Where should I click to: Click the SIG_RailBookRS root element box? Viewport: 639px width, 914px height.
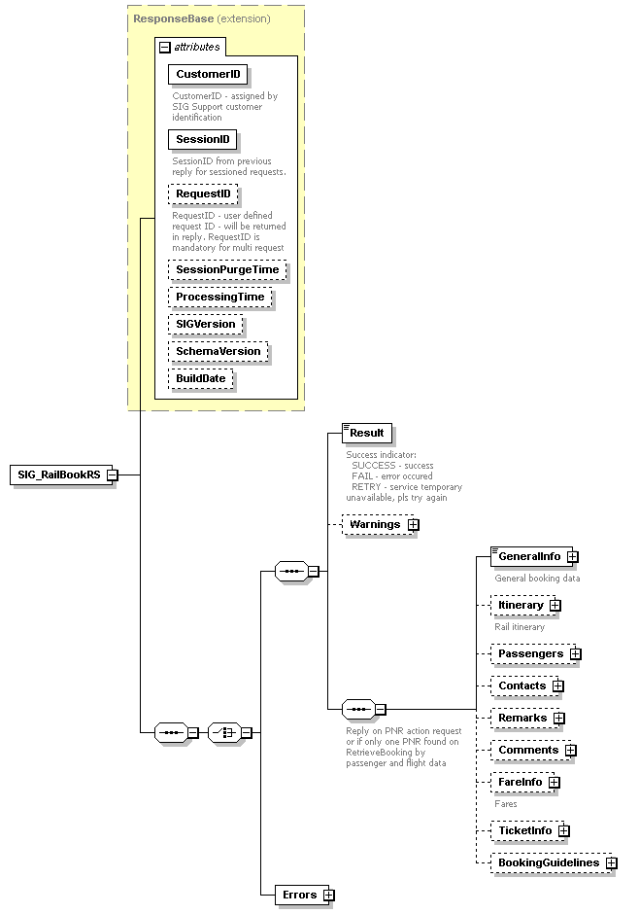pos(58,475)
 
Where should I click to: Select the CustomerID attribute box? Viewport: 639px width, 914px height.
pos(208,74)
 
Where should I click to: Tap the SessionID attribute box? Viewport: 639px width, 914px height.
pos(202,140)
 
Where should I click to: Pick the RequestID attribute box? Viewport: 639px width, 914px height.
pos(203,194)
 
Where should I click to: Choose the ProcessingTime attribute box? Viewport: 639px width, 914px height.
pos(219,297)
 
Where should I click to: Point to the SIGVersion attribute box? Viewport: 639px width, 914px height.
pos(205,324)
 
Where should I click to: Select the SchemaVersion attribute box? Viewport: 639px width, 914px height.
pos(218,351)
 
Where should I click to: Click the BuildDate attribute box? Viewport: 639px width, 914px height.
pos(201,378)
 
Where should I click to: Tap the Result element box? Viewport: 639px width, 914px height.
pos(367,433)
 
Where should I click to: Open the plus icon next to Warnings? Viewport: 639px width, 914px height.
pos(414,524)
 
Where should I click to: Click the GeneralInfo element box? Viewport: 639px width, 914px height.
pos(530,556)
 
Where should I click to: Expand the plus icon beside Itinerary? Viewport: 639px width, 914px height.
pos(555,605)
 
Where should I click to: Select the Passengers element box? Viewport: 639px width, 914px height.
pos(530,653)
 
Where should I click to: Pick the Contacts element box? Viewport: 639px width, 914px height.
pos(521,685)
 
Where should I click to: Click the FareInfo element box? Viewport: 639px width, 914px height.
pos(521,781)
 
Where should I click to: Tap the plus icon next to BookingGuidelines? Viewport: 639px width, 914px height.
pos(612,862)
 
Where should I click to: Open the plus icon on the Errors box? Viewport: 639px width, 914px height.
pos(328,895)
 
